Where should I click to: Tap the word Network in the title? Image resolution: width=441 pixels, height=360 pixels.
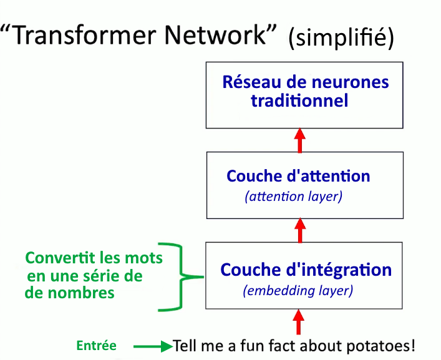[215, 35]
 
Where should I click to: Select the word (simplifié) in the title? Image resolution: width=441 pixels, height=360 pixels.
[341, 37]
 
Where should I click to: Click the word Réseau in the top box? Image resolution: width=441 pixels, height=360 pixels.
[252, 82]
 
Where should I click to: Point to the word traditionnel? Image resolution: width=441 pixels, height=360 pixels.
[299, 100]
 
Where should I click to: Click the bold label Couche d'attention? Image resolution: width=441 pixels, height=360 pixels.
[298, 176]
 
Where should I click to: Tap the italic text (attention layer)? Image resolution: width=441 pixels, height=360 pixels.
[294, 197]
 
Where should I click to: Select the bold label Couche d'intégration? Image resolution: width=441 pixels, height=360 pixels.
[306, 270]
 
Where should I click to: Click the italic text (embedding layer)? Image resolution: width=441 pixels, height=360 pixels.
[298, 291]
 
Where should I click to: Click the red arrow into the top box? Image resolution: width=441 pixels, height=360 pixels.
[300, 140]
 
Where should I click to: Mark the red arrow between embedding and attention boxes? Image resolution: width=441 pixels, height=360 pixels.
[300, 230]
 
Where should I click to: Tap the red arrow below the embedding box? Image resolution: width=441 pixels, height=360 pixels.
[298, 322]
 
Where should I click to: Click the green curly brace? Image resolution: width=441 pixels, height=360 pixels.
[181, 277]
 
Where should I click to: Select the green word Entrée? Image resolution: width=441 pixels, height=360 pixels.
[97, 346]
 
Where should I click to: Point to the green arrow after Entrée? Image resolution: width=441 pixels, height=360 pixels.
[153, 346]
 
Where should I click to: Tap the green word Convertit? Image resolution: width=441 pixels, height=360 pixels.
[60, 258]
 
